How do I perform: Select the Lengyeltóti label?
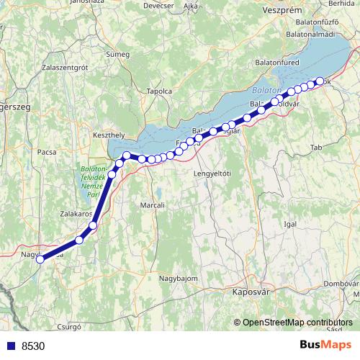[x=212, y=174]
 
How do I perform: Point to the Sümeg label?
[x=117, y=54]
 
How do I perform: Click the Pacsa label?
[x=47, y=152]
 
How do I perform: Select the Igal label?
[x=291, y=224]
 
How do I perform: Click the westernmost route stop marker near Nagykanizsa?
[x=40, y=259]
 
